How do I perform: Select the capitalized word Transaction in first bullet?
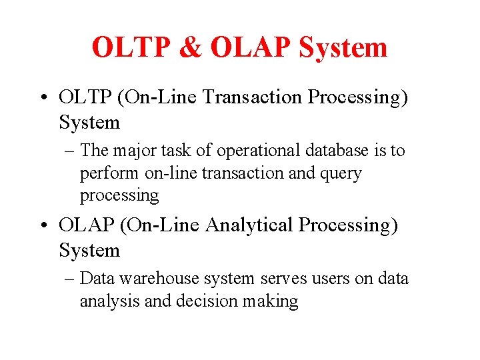click(x=252, y=97)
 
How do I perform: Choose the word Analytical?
click(x=249, y=225)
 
